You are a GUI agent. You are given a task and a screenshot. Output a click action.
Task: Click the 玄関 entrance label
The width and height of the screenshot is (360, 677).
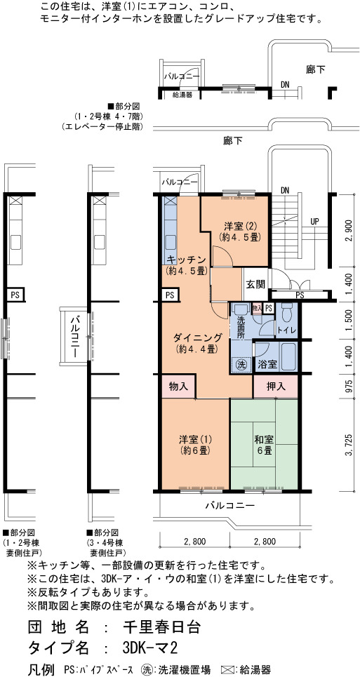click(x=256, y=285)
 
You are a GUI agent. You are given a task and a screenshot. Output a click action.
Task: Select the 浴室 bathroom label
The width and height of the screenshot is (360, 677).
click(x=267, y=364)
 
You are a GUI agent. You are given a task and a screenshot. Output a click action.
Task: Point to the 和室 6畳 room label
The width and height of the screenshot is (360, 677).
click(x=263, y=445)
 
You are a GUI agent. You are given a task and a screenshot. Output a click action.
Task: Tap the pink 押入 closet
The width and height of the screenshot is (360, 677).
click(x=275, y=386)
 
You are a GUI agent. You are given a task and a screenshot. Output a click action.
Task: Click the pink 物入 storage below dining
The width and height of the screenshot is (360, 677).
click(x=179, y=386)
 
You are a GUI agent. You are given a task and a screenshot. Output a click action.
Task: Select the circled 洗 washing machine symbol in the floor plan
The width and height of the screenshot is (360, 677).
click(x=241, y=364)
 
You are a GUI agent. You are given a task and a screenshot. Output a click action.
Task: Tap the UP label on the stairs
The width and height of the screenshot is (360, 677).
click(x=314, y=221)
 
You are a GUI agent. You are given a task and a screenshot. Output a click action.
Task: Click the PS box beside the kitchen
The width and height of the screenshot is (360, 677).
click(x=170, y=295)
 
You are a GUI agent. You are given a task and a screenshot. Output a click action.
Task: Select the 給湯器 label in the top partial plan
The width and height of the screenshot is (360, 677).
click(x=182, y=94)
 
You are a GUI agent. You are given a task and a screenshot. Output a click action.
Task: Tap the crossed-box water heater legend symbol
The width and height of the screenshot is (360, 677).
click(x=227, y=670)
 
